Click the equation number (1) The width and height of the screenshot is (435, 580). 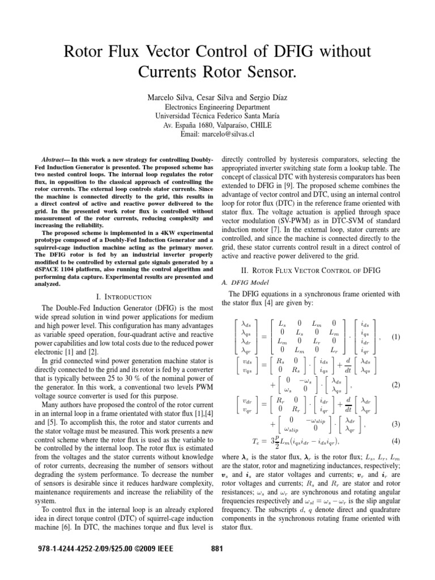click(x=396, y=336)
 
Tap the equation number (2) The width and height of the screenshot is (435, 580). click(x=396, y=385)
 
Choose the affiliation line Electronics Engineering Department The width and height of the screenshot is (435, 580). click(x=217, y=106)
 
